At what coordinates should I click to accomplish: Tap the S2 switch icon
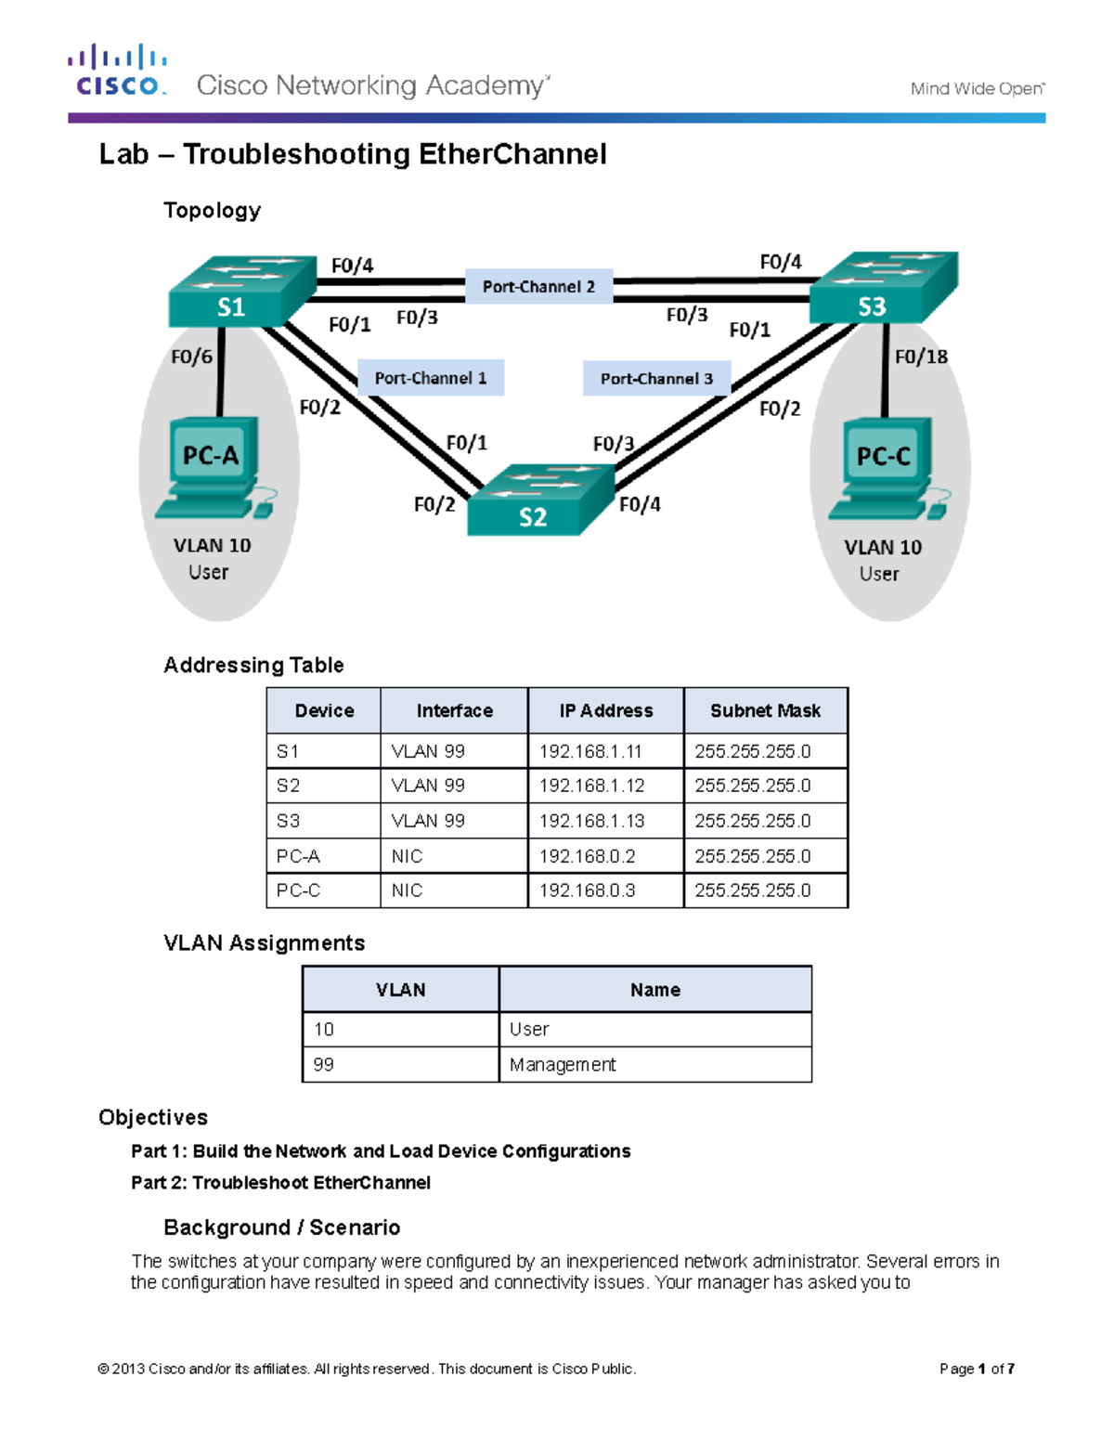(x=539, y=500)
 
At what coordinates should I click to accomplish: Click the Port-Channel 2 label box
(x=538, y=287)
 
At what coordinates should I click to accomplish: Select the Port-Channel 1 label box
(x=431, y=378)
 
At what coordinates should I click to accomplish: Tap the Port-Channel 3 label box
(x=656, y=379)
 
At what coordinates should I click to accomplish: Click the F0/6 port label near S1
(x=191, y=357)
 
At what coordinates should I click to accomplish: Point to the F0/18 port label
(x=921, y=357)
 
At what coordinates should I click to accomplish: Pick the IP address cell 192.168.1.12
(x=592, y=786)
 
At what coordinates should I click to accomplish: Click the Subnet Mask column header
(x=765, y=711)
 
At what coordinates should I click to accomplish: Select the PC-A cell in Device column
(x=298, y=856)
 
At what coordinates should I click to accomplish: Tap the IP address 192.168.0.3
(x=588, y=890)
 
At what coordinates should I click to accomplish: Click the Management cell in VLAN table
(x=563, y=1065)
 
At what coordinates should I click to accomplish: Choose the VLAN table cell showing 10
(x=324, y=1030)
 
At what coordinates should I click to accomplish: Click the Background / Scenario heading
(x=281, y=1228)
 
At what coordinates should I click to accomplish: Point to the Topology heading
(x=212, y=211)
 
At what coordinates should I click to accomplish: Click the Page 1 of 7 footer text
(x=977, y=1369)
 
